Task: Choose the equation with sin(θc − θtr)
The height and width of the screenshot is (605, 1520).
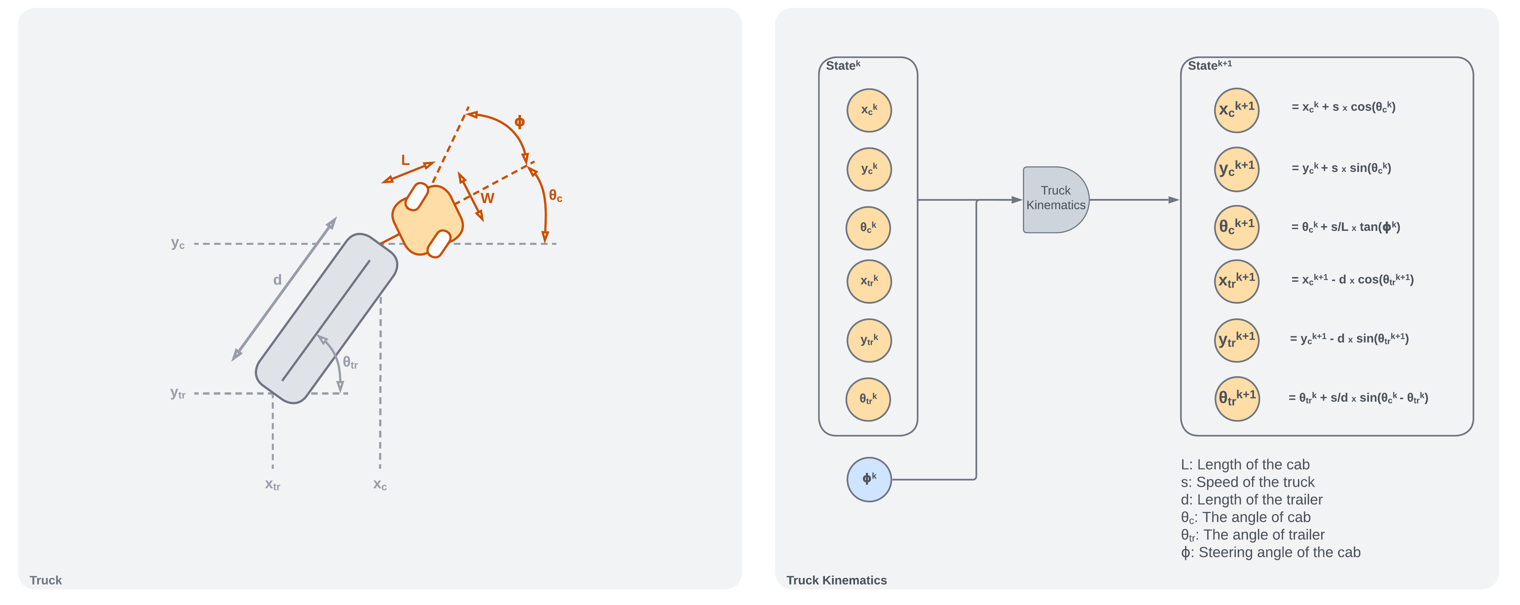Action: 1357,398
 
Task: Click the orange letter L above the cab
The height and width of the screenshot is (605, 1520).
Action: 405,160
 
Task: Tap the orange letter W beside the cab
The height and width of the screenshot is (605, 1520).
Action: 487,198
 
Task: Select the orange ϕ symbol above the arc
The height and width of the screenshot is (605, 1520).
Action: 519,122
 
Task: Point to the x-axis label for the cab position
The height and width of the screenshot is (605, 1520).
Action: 379,484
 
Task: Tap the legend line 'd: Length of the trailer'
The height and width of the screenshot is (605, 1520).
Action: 1251,499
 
